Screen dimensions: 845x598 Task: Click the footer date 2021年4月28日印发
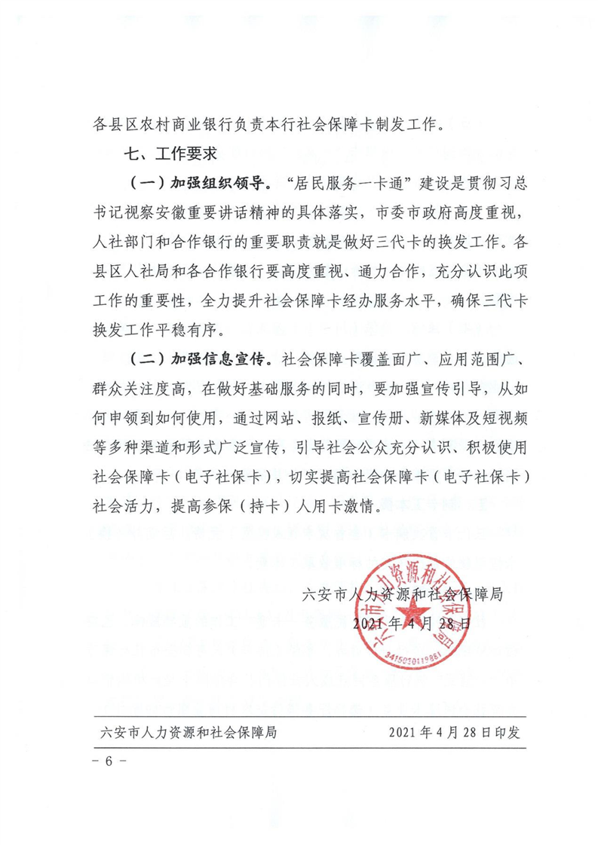[x=455, y=731]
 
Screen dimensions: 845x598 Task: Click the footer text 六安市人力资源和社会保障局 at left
[x=188, y=731]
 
